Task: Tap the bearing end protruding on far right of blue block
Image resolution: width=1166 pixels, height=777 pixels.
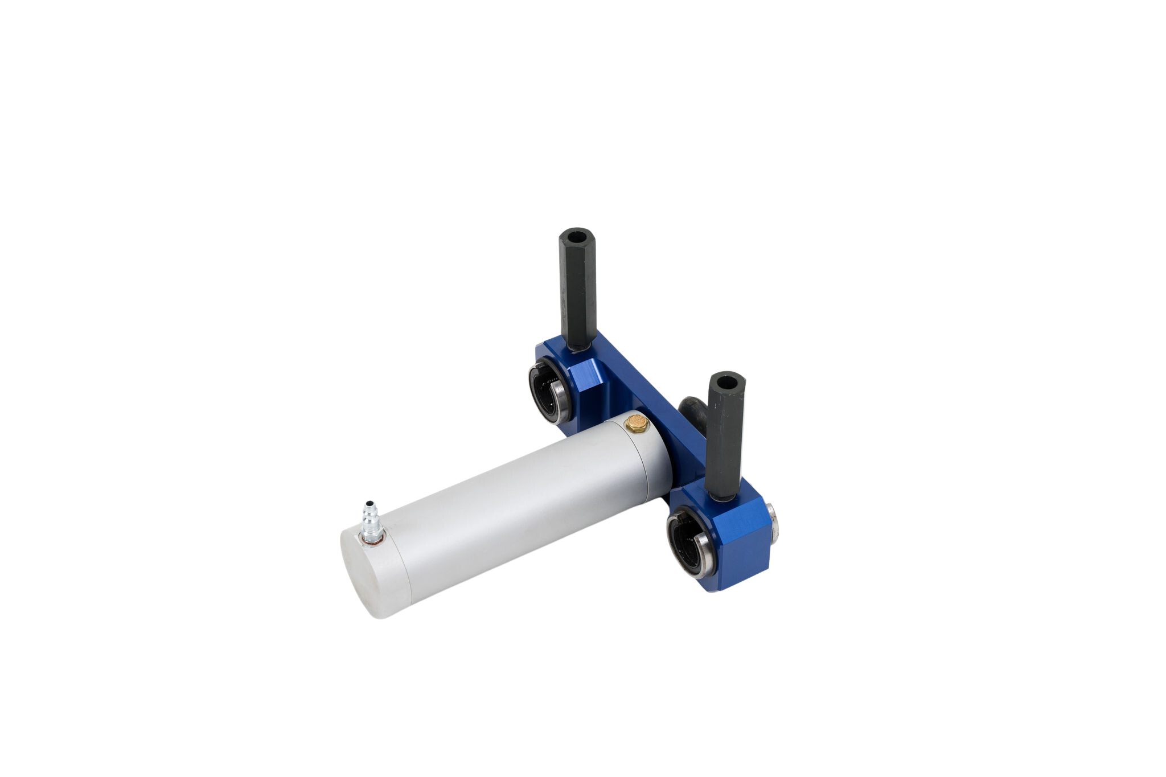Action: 776,519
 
